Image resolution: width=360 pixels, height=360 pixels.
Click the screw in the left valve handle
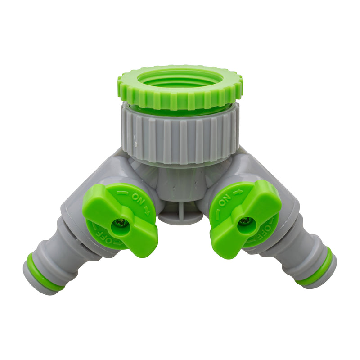121,222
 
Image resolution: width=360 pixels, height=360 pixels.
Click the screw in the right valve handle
245,221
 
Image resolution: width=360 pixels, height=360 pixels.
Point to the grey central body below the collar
180,184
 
